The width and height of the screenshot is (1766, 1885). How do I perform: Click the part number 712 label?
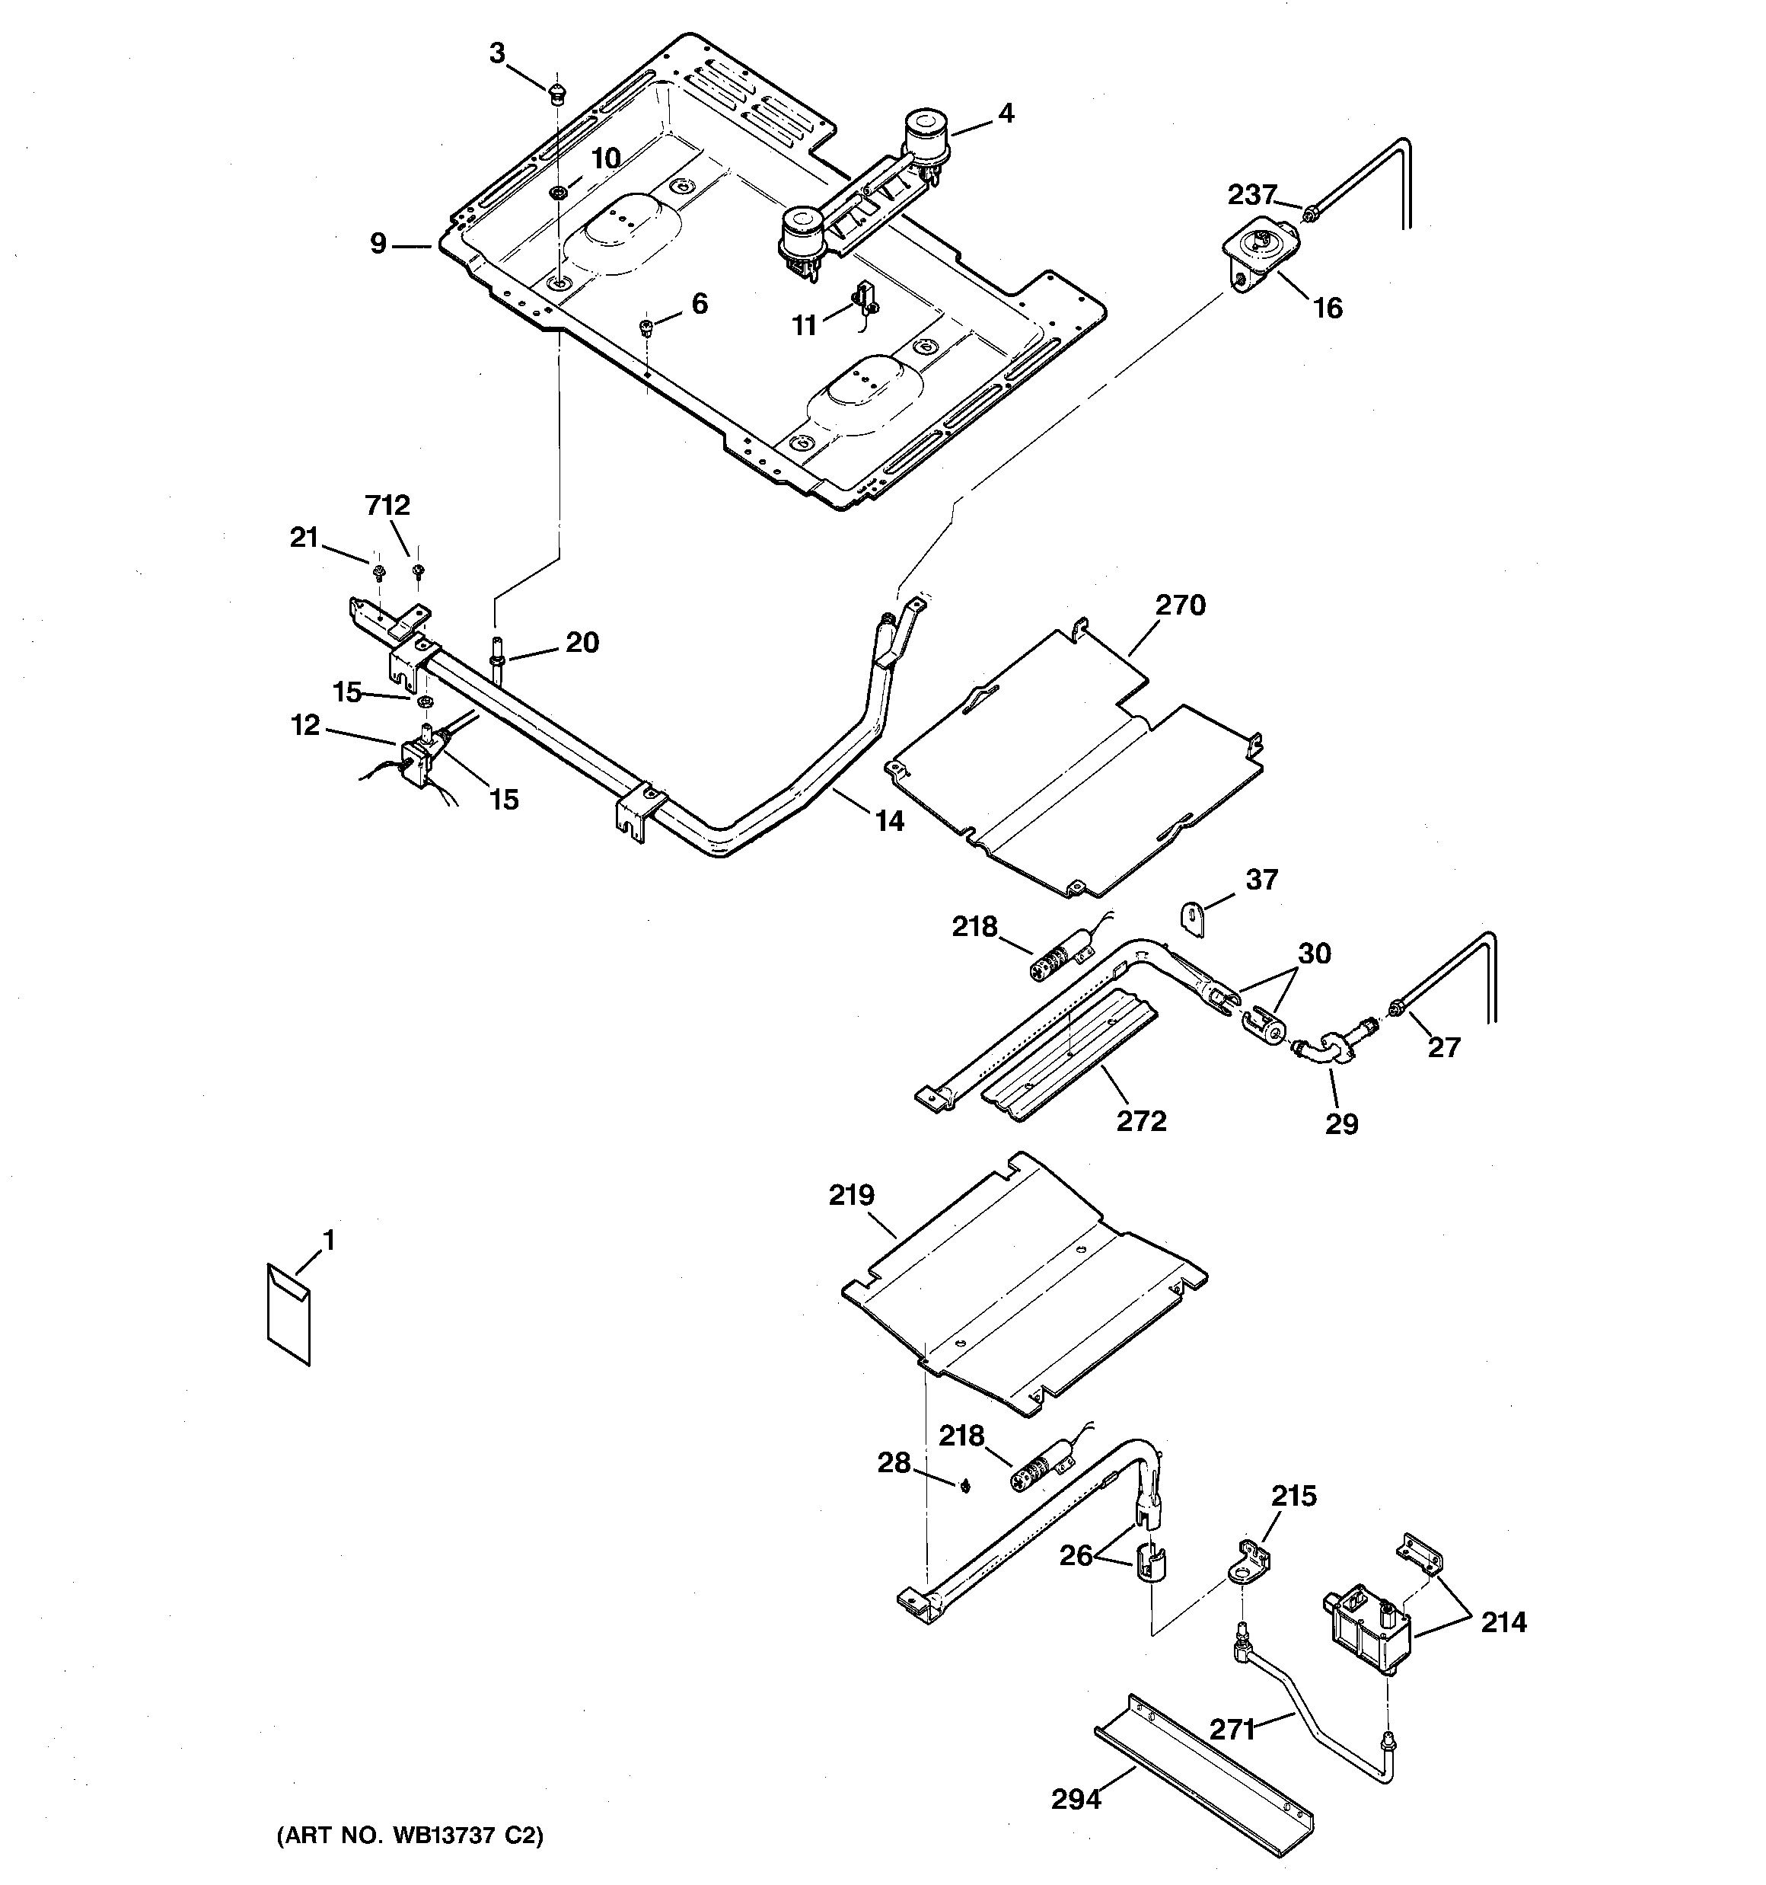[x=387, y=506]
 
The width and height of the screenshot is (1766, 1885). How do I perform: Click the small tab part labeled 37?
[x=1191, y=919]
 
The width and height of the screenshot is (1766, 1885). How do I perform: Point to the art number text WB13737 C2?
[x=410, y=1835]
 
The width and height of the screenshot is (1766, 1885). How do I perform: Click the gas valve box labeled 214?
[x=1365, y=1629]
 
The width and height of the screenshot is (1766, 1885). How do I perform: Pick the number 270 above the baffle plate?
[x=1180, y=605]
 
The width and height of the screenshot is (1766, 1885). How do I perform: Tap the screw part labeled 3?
[x=557, y=93]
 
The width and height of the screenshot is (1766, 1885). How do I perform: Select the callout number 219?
[x=851, y=1196]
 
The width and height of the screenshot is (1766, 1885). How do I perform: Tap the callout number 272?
[x=1140, y=1121]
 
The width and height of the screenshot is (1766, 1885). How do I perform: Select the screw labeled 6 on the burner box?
[x=646, y=327]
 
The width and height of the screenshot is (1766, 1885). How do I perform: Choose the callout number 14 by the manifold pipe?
[x=888, y=820]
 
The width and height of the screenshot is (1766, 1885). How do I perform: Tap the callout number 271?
[x=1232, y=1730]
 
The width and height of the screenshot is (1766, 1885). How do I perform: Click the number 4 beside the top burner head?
[x=1006, y=113]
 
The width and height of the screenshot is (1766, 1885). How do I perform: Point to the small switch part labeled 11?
[x=865, y=298]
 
